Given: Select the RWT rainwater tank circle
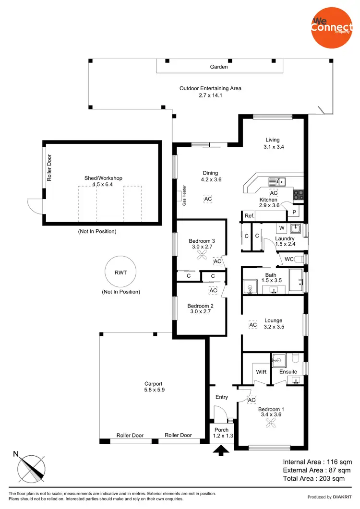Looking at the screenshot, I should coord(120,272).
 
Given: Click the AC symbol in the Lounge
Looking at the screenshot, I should coord(253,325).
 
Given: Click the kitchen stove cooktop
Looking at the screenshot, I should coord(298,195).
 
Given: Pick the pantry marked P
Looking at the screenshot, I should coord(294,212).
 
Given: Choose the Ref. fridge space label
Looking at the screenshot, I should coord(249,216).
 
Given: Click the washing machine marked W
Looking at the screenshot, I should coord(282,227).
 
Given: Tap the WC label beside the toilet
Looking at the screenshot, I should coord(289,259).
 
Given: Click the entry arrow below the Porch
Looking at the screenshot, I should coord(222,450).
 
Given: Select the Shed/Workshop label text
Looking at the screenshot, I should coord(103,178).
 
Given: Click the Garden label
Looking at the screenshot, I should coord(219,67).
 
